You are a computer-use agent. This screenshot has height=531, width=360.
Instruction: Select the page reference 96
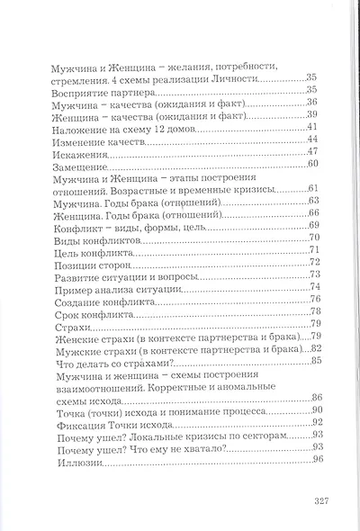click(317, 461)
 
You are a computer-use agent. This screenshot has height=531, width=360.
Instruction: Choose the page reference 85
click(316, 361)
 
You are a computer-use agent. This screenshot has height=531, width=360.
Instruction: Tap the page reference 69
click(315, 224)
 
